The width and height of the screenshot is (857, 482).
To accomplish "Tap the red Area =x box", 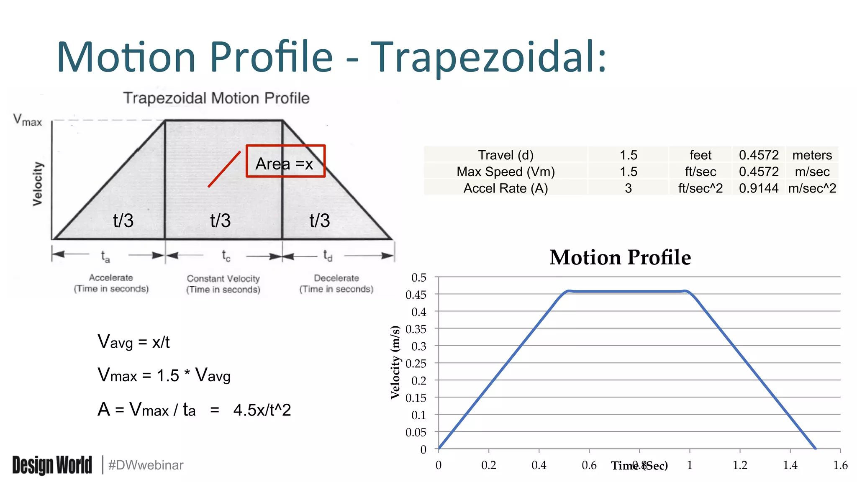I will pyautogui.click(x=285, y=162).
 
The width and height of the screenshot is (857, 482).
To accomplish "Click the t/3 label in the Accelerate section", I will pyautogui.click(x=123, y=220).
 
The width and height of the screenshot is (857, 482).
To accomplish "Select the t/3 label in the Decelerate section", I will pyautogui.click(x=320, y=220).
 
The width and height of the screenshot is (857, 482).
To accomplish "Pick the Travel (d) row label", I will pyautogui.click(x=505, y=155).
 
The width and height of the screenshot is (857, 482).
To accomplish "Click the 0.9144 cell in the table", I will pyautogui.click(x=758, y=188).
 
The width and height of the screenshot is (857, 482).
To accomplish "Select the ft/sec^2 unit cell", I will pyautogui.click(x=700, y=188).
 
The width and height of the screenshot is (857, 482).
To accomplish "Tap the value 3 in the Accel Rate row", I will pyautogui.click(x=628, y=188).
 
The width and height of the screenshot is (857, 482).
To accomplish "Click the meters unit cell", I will pyautogui.click(x=812, y=155).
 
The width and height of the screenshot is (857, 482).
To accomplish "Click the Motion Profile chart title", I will pyautogui.click(x=620, y=257).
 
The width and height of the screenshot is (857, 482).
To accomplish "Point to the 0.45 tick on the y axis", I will pyautogui.click(x=416, y=295).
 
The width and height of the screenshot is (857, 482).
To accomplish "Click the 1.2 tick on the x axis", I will pyautogui.click(x=740, y=465).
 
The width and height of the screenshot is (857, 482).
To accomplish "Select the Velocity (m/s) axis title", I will pyautogui.click(x=395, y=362).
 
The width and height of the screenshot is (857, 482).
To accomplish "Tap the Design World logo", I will pyautogui.click(x=52, y=465).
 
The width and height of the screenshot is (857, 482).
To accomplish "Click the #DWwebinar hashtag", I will pyautogui.click(x=146, y=465).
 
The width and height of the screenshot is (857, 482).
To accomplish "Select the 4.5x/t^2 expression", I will pyautogui.click(x=262, y=410).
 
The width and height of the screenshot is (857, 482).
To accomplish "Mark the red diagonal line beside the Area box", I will pyautogui.click(x=224, y=169).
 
